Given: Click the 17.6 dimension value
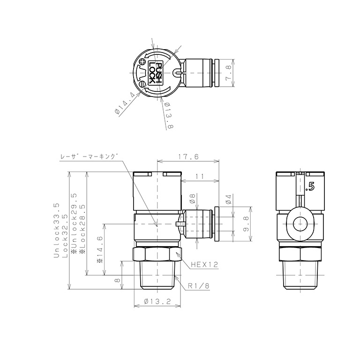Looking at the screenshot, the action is [188, 157].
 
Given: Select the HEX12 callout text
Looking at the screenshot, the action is [204, 265].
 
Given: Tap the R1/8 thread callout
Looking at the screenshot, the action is [199, 286].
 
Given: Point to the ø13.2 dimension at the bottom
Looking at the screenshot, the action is [157, 301].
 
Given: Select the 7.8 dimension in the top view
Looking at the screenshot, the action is [228, 73].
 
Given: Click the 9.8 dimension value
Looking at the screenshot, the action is [247, 224].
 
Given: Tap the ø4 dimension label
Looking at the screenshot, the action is [228, 199].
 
